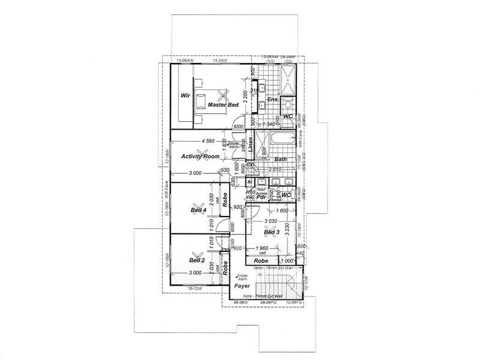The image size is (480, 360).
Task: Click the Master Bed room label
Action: (x=224, y=105)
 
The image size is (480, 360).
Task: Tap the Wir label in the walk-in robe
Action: (x=185, y=95)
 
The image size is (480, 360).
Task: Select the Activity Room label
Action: (x=200, y=156)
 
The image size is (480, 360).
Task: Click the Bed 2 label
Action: (x=197, y=261)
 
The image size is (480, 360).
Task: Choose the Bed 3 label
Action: (x=271, y=232)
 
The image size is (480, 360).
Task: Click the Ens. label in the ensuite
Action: (x=271, y=99)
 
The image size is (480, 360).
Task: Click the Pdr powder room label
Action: (x=261, y=196)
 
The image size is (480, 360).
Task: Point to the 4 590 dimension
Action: (x=208, y=141)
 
